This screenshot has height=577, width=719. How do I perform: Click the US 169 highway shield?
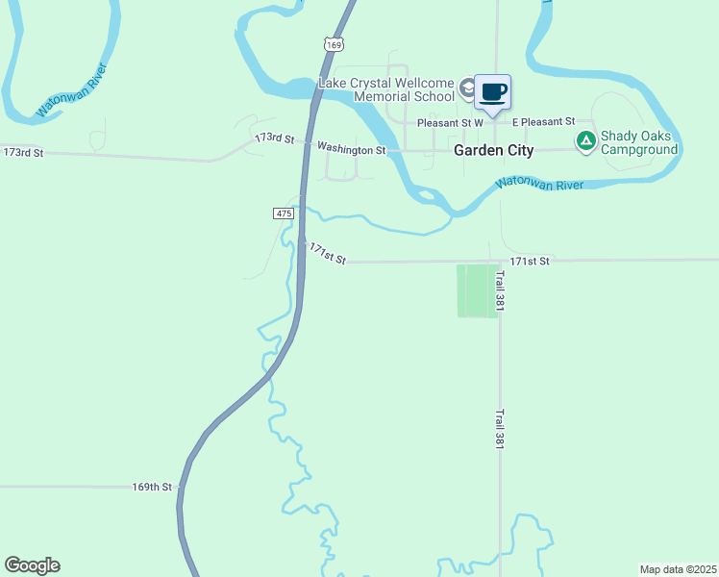pyautogui.click(x=333, y=45)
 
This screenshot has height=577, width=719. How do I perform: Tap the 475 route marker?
pyautogui.click(x=283, y=213)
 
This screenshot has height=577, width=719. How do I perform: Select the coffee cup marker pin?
pyautogui.click(x=493, y=93)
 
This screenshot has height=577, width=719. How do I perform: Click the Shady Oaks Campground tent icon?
pyautogui.click(x=585, y=141)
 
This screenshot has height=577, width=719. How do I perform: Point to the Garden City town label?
pyautogui.click(x=493, y=151)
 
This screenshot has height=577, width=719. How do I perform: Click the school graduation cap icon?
pyautogui.click(x=467, y=89)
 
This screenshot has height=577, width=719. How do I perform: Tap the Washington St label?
pyautogui.click(x=351, y=149)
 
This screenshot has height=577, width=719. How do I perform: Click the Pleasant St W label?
pyautogui.click(x=450, y=123)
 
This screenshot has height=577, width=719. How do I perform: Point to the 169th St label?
pyautogui.click(x=152, y=488)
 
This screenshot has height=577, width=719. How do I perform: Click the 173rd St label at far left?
pyautogui.click(x=24, y=153)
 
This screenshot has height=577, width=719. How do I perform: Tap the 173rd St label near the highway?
pyautogui.click(x=274, y=139)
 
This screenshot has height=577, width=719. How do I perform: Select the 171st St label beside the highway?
pyautogui.click(x=326, y=254)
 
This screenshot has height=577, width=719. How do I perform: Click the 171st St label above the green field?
pyautogui.click(x=530, y=261)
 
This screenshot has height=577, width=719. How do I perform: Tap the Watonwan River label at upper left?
pyautogui.click(x=70, y=90)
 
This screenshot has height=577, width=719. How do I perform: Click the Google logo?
pyautogui.click(x=32, y=565)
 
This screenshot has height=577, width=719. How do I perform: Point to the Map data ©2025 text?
pyautogui.click(x=677, y=569)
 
